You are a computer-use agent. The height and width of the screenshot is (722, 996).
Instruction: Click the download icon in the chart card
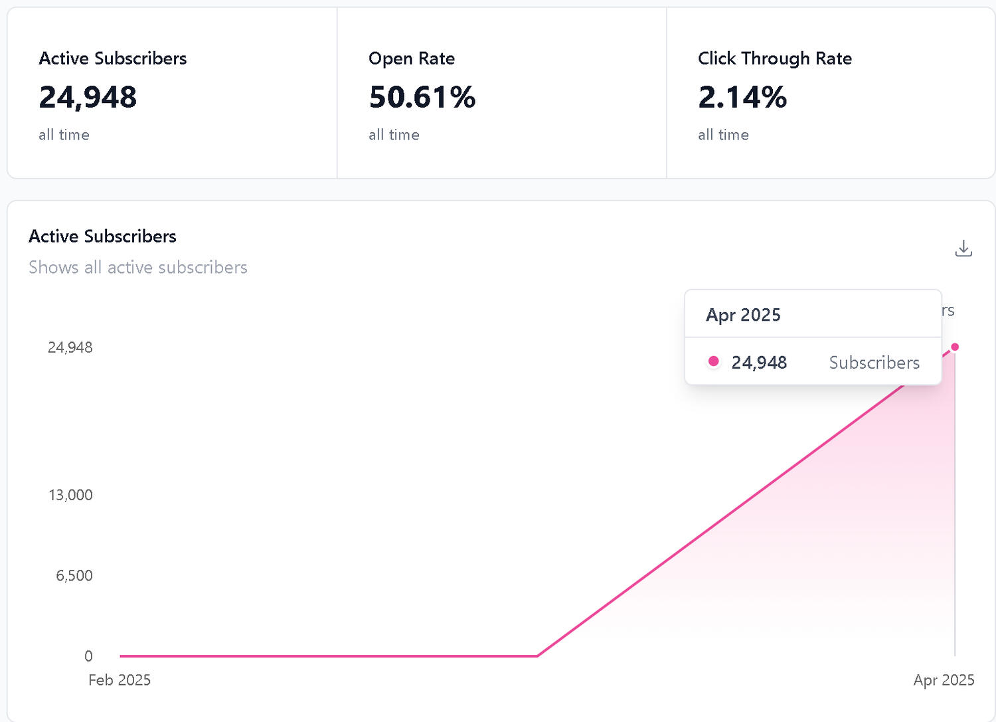963,248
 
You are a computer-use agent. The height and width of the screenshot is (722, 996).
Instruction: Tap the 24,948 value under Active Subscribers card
88,97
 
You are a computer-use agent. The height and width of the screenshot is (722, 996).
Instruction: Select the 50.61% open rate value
422,97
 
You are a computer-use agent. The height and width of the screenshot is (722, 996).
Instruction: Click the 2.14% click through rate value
742,97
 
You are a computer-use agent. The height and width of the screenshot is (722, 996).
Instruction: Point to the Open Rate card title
411,58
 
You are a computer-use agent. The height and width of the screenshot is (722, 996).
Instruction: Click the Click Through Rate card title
774,58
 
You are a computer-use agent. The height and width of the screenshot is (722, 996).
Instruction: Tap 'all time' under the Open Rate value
394,135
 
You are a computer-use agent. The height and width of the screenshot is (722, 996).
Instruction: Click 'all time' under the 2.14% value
723,135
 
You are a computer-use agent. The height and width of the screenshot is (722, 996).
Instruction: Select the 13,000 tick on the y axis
70,495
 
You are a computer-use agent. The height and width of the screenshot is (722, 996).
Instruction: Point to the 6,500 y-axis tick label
74,575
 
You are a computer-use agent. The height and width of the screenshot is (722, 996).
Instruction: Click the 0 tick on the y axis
88,656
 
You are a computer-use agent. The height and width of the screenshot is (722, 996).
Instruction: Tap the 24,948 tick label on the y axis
70,347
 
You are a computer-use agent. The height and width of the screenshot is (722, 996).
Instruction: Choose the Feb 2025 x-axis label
120,680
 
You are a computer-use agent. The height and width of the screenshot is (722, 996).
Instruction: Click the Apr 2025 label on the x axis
944,680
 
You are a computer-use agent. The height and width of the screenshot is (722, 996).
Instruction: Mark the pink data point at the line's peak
955,347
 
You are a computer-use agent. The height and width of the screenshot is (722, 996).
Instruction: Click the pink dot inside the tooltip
714,361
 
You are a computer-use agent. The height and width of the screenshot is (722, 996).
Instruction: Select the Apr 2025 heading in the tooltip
743,315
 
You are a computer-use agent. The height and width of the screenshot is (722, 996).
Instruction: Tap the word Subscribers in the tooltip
874,363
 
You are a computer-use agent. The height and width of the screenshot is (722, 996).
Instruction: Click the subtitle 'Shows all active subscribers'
138,267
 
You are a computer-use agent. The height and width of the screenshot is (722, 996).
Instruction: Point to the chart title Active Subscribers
102,236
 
